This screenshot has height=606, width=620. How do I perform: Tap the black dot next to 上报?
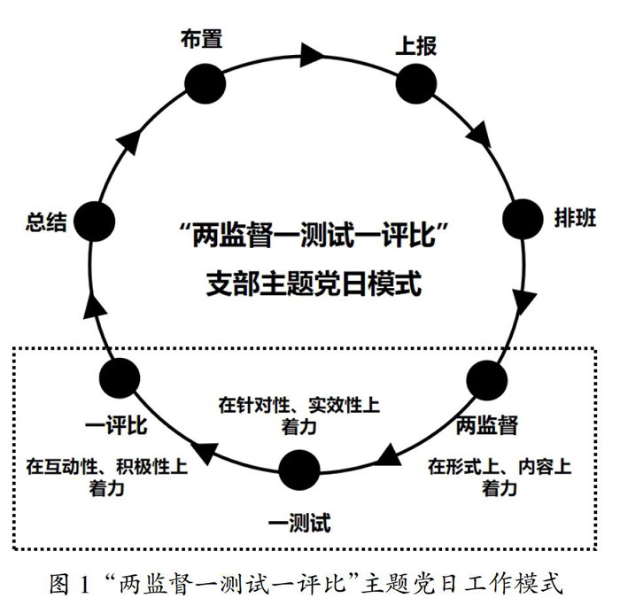tap(416, 82)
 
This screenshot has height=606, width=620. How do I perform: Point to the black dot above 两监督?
tap(486, 380)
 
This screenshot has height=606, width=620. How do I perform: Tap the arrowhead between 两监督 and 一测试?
tap(387, 456)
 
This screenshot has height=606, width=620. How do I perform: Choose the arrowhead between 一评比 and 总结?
tap(99, 307)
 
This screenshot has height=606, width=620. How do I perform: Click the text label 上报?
tap(415, 45)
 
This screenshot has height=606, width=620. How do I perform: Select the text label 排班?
tap(576, 219)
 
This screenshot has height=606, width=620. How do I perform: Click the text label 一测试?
tap(298, 523)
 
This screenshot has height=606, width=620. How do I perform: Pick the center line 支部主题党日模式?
tap(313, 285)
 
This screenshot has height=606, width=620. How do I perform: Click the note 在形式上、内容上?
tap(500, 466)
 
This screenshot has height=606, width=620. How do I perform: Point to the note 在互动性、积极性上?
tap(106, 464)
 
